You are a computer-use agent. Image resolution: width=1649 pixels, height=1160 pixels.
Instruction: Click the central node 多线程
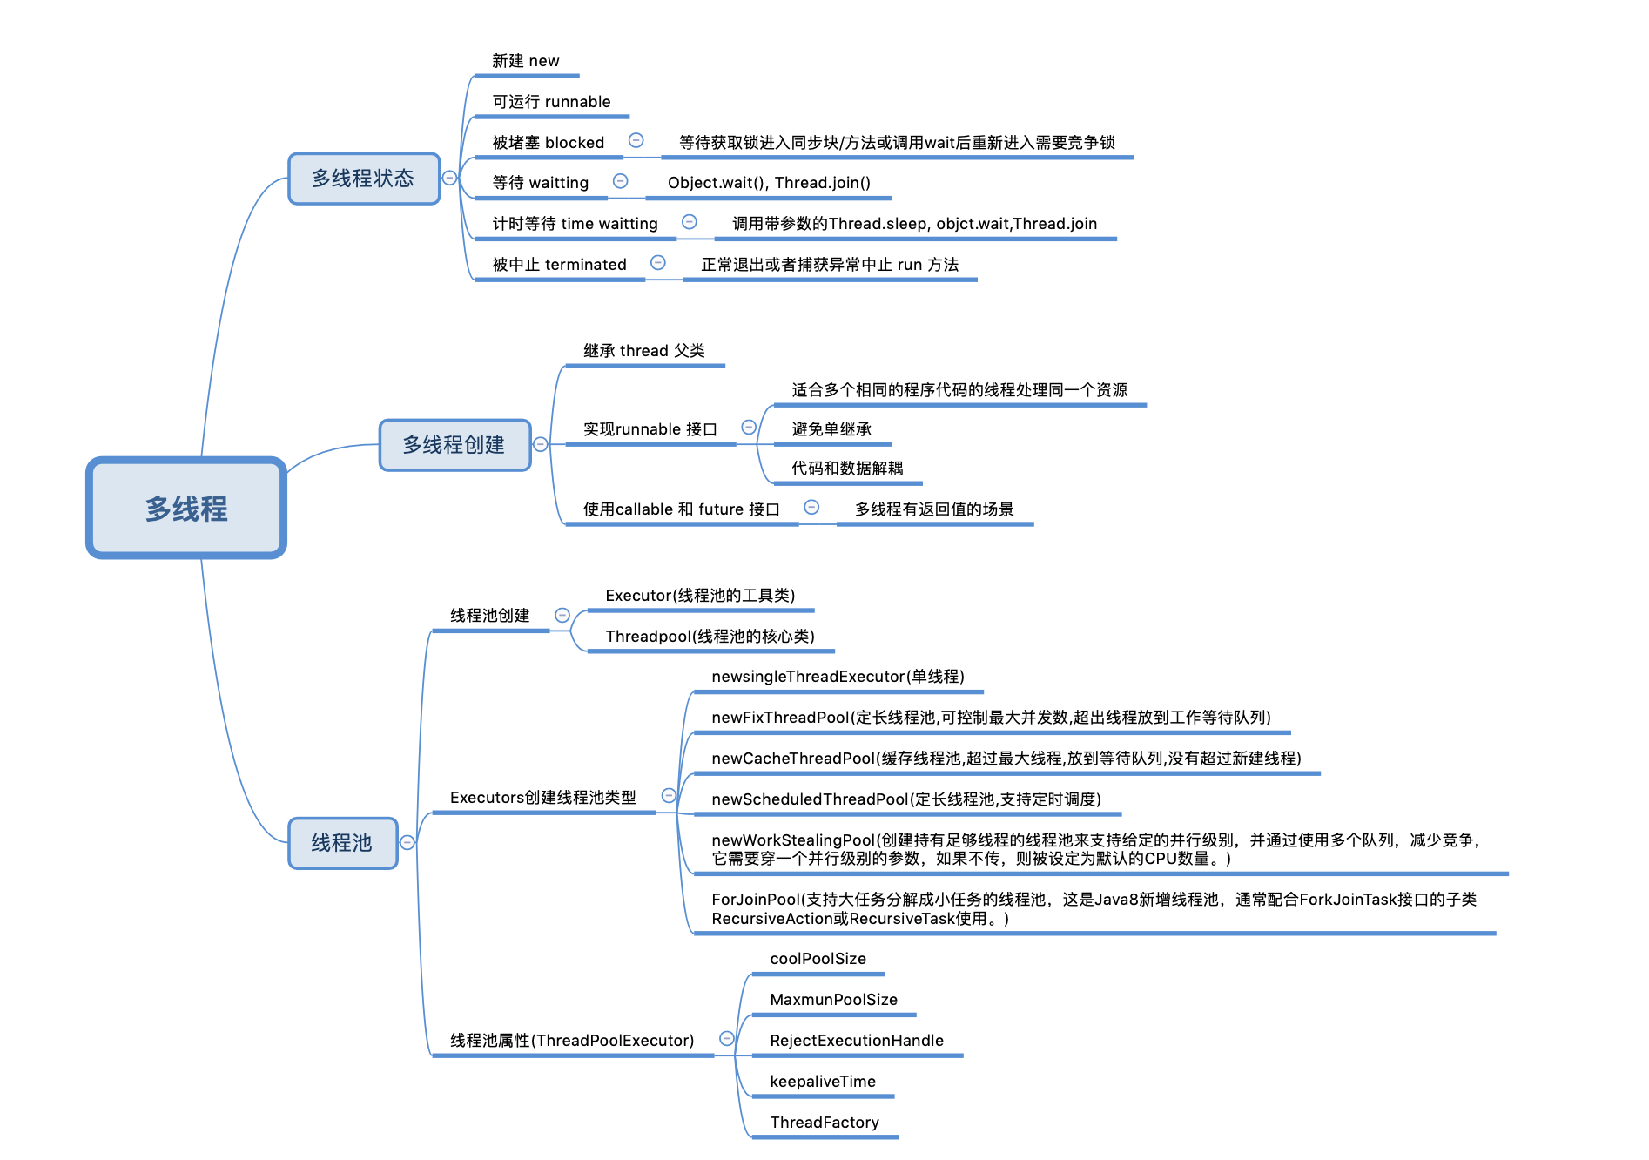[x=186, y=508]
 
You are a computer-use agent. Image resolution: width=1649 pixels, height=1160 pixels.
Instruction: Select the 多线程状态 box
[x=364, y=179]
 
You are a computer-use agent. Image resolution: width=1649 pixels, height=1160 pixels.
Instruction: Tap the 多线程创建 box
[x=454, y=445]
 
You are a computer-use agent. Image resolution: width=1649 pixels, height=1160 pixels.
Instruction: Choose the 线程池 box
[x=342, y=842]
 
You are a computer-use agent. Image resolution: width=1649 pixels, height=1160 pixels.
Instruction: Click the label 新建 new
[x=525, y=61]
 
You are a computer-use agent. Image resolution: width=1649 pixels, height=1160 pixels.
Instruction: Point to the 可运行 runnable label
[x=551, y=102]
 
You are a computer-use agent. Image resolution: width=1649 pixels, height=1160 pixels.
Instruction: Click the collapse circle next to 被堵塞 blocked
[x=636, y=141]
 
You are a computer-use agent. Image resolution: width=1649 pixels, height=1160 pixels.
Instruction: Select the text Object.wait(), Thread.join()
[x=769, y=183]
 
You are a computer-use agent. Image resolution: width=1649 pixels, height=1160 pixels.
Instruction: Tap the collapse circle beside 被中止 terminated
[x=658, y=263]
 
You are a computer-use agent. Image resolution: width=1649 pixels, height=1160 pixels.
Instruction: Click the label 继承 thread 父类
[x=643, y=351]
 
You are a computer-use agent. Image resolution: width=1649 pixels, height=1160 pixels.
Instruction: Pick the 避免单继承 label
[x=831, y=429]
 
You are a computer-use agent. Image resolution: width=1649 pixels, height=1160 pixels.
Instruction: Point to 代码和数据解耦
[x=846, y=469]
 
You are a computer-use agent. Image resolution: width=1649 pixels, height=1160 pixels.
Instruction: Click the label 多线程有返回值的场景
[x=934, y=509]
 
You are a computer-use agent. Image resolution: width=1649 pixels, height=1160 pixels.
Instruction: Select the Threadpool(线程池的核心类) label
[x=710, y=637]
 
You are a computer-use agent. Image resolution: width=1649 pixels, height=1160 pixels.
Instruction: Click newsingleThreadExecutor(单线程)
[x=838, y=677]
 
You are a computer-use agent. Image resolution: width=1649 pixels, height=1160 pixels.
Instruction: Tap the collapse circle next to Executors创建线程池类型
[x=669, y=795]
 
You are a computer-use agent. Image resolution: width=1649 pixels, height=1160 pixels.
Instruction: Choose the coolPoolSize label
[x=818, y=959]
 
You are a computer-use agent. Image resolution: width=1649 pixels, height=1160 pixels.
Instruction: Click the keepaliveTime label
[x=823, y=1082]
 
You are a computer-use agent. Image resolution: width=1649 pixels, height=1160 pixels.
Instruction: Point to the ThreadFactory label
[x=824, y=1123]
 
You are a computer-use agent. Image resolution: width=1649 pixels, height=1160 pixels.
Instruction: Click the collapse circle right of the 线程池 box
[x=407, y=842]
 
